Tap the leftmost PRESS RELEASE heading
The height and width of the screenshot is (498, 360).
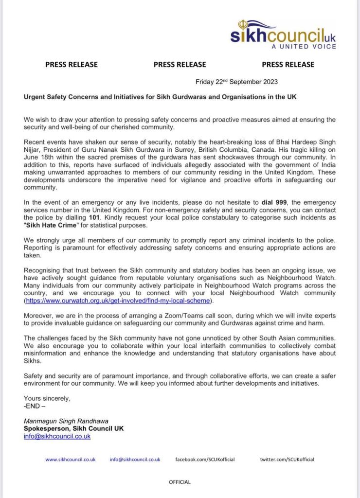pos(72,64)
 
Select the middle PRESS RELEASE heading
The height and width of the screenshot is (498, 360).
pos(180,64)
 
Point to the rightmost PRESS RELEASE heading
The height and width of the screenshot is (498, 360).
pos(288,64)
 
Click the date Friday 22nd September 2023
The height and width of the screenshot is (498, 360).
pos(236,82)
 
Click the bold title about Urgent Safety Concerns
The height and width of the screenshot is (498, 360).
pos(160,97)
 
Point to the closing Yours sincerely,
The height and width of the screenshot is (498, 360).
pos(47,399)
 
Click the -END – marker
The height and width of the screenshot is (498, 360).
pos(35,406)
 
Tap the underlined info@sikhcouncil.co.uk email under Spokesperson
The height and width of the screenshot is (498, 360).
pos(57,436)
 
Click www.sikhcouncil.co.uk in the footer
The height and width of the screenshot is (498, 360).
pos(71,460)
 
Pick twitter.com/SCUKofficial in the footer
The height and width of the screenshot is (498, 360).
pos(287,460)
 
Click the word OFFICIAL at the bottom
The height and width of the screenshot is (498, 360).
pos(180,482)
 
